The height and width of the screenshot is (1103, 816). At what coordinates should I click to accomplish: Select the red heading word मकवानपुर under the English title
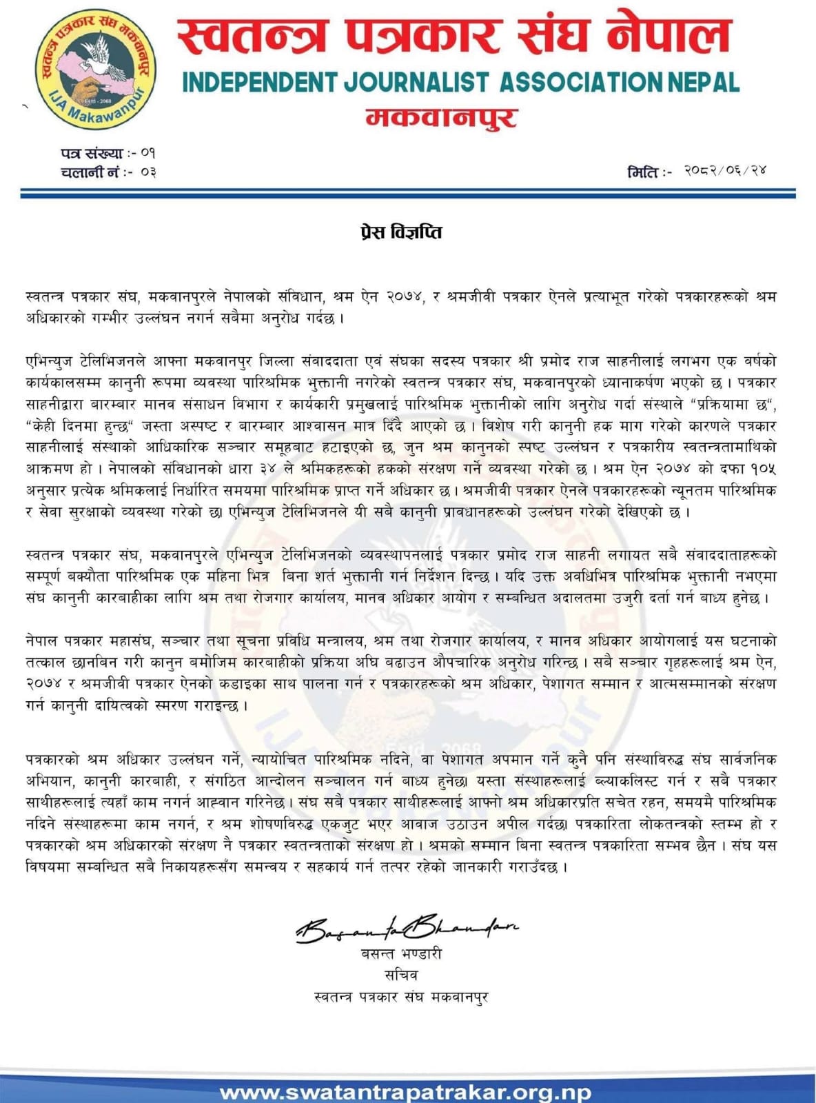coord(441,117)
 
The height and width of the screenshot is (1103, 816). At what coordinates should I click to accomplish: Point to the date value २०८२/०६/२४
coord(725,170)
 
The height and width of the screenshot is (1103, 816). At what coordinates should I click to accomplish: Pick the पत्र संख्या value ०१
coord(147,153)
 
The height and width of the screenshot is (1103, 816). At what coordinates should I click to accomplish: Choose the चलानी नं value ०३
coord(147,171)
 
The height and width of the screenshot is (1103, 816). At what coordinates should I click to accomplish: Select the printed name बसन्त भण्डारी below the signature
coord(401,954)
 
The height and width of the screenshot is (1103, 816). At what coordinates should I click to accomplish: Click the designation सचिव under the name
coord(401,975)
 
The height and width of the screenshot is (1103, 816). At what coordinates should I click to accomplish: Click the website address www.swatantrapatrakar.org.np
coord(405,1092)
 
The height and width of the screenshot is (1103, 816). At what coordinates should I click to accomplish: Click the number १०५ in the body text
coord(762,469)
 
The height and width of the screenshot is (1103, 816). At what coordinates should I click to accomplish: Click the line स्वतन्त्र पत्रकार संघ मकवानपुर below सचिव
coord(400,996)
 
